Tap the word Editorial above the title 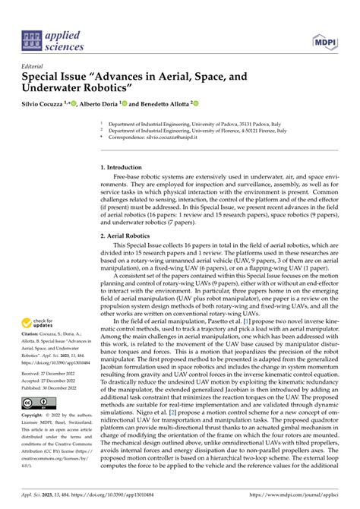[34, 66]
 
